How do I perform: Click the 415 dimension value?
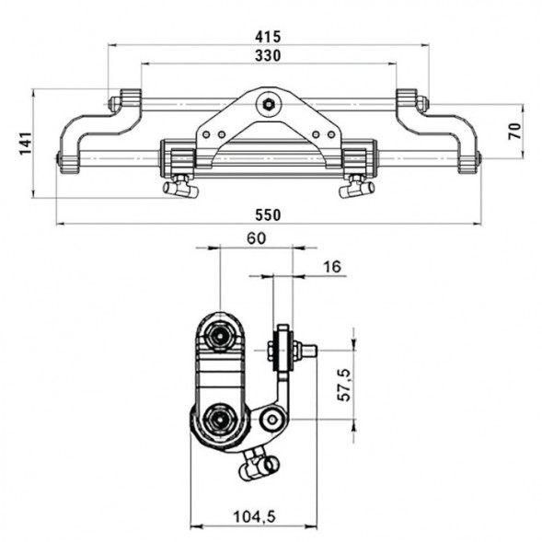point(270,36)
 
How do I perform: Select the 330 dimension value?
point(270,55)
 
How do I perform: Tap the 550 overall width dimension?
point(268,213)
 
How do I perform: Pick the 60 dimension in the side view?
point(256,238)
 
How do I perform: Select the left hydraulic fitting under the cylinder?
point(180,187)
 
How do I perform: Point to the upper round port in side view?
point(221,335)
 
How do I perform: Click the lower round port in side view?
point(221,421)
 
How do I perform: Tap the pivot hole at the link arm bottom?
point(271,421)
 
